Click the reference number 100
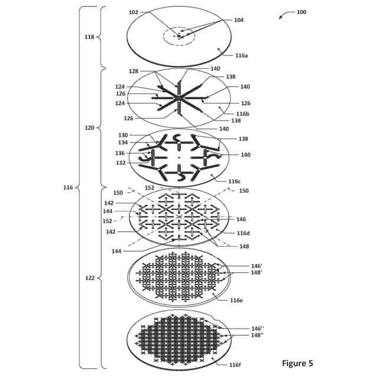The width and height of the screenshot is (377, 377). [x=301, y=12]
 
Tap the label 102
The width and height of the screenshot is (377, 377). [x=133, y=12]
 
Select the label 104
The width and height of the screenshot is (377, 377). [x=239, y=20]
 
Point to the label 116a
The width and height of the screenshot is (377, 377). [x=242, y=55]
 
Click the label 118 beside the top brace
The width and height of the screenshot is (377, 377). [x=90, y=37]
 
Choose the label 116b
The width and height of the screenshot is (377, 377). [x=243, y=113]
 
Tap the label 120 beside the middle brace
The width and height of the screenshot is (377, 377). [x=90, y=127]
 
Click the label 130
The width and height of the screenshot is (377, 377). [x=123, y=135]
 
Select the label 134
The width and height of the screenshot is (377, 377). [x=123, y=143]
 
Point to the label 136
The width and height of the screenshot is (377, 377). [x=120, y=153]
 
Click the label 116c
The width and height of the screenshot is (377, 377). [x=234, y=181]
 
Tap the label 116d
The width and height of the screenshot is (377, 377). [x=243, y=233]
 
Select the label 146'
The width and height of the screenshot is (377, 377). [x=256, y=266]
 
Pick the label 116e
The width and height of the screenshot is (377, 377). [x=236, y=300]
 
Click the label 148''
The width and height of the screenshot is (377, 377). [x=257, y=335]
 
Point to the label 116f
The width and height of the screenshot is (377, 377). [x=235, y=365]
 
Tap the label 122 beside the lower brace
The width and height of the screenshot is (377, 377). [x=90, y=278]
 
